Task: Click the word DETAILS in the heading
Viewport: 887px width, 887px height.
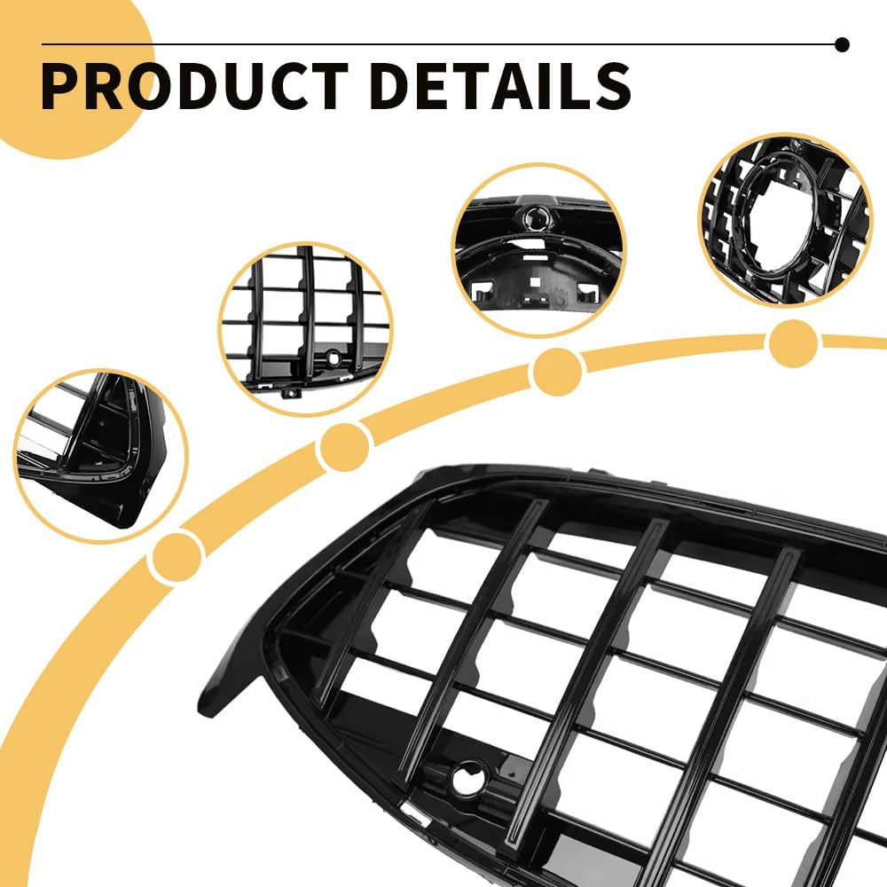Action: tap(500, 85)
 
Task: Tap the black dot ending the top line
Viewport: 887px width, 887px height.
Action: tap(842, 44)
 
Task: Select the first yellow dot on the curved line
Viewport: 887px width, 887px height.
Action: tap(176, 557)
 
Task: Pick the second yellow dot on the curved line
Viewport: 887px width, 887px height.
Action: tap(344, 447)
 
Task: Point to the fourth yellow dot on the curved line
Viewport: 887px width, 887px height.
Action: tap(793, 342)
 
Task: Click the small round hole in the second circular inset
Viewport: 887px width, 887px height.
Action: tap(334, 357)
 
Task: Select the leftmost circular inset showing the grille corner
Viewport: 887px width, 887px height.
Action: tap(101, 456)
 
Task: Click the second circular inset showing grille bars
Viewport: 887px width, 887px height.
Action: tap(305, 330)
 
